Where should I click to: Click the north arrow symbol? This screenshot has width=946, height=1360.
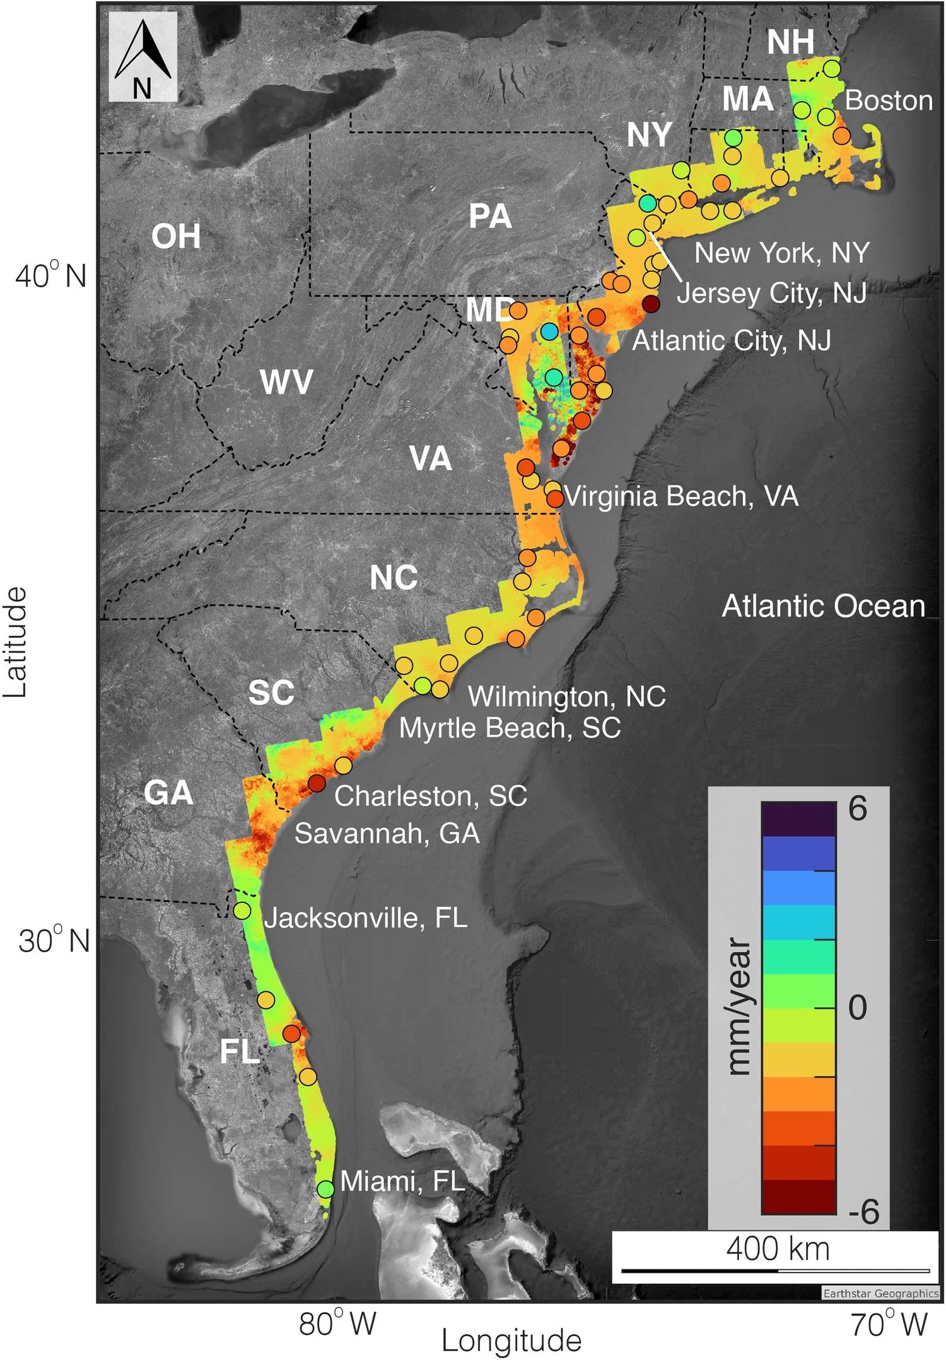tap(143, 57)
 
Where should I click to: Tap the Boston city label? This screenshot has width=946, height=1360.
tap(889, 101)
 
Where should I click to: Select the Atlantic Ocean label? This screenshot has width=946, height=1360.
tap(823, 606)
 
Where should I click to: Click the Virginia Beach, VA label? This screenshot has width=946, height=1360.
tap(682, 497)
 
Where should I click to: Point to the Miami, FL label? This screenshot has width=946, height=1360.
tap(402, 1181)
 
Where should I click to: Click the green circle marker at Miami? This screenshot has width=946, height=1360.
tap(325, 1189)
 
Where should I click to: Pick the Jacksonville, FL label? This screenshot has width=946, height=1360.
tap(366, 918)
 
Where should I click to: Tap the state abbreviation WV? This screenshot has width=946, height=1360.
tap(287, 383)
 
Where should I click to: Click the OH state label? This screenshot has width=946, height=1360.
tap(176, 236)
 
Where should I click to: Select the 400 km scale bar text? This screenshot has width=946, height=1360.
tap(778, 1248)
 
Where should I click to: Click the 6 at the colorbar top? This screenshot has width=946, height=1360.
tap(858, 809)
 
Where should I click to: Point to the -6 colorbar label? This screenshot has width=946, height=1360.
tap(863, 1211)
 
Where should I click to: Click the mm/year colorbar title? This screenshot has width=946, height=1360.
tap(739, 1006)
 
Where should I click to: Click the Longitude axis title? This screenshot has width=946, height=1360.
tap(511, 1341)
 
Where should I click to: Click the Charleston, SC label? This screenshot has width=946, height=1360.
tap(431, 796)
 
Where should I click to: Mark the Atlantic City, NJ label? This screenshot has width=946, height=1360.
tap(732, 341)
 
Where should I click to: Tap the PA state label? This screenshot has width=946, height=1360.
tap(490, 217)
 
